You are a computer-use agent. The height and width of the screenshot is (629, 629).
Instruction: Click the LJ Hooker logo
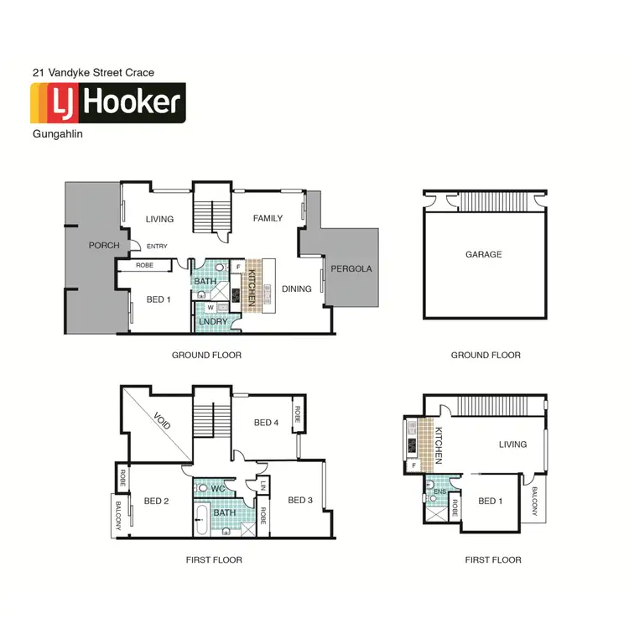click(x=107, y=102)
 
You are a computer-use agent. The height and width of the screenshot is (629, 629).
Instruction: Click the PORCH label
click(x=105, y=246)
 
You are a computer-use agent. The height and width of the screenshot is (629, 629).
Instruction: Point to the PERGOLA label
click(x=351, y=269)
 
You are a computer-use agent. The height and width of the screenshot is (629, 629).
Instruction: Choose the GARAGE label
click(x=483, y=254)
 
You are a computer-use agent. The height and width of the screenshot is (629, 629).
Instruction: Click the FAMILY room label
click(x=268, y=218)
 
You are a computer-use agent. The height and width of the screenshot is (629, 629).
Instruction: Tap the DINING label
click(x=297, y=289)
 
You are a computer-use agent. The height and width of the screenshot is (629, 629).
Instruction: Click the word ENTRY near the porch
click(x=157, y=246)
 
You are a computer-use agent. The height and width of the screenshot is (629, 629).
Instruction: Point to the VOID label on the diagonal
click(x=162, y=419)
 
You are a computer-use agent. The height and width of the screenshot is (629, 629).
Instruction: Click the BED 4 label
click(x=266, y=422)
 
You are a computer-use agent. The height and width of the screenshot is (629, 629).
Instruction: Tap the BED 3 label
click(x=299, y=501)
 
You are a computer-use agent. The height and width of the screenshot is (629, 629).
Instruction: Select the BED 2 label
click(x=157, y=501)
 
